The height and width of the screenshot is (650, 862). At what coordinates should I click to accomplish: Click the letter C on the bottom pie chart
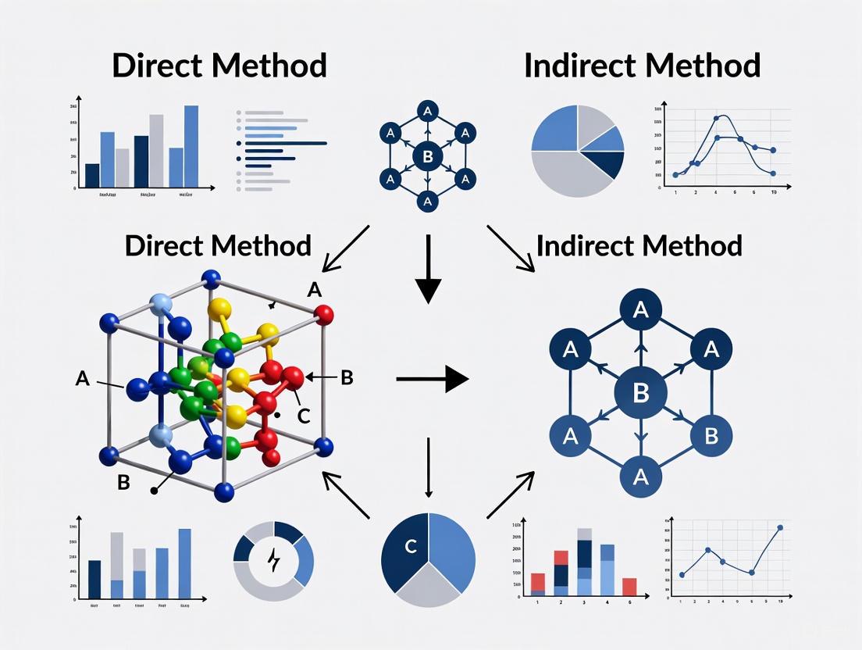pyautogui.click(x=411, y=547)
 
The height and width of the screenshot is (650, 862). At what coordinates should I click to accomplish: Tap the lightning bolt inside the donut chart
pyautogui.click(x=273, y=560)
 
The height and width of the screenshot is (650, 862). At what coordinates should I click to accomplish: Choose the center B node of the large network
pyautogui.click(x=640, y=392)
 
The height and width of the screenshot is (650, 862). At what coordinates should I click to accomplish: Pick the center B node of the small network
pyautogui.click(x=427, y=156)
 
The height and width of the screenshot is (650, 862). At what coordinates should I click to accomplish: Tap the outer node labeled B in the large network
pyautogui.click(x=711, y=434)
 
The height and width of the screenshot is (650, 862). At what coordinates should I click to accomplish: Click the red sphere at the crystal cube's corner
pyautogui.click(x=323, y=315)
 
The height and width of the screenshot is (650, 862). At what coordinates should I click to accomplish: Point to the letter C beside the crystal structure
pyautogui.click(x=304, y=416)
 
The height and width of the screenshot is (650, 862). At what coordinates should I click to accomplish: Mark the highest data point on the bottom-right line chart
pyautogui.click(x=779, y=528)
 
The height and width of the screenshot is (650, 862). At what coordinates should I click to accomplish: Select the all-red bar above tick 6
pyautogui.click(x=629, y=587)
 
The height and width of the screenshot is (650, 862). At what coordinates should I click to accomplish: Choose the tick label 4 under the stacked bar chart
pyautogui.click(x=607, y=602)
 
